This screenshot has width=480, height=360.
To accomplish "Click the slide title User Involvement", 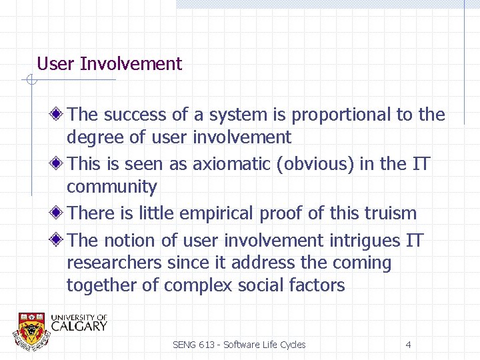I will tap(109, 64).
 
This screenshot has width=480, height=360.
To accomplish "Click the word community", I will tap(111, 187).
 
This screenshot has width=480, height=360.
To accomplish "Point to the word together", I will tap(103, 286).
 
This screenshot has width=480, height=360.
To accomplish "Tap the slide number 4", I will tap(408, 345).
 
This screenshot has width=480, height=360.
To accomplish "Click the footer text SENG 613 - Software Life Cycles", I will tap(239, 345).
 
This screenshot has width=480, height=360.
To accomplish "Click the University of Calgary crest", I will tap(31, 328).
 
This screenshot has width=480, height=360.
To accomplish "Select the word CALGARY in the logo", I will tap(78, 327).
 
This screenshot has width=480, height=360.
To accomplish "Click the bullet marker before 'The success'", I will tap(58, 115).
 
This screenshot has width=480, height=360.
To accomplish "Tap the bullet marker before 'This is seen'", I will tap(58, 163).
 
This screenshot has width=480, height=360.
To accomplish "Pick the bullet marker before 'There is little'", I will tap(58, 213).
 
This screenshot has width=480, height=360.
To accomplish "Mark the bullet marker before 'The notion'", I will tap(58, 240).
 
